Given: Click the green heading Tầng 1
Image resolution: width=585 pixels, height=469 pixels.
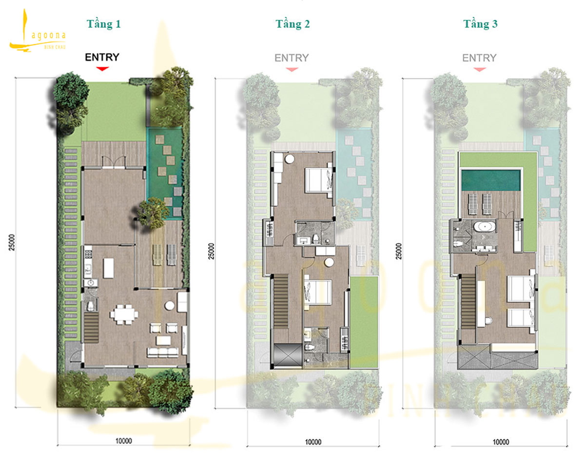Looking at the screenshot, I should pos(103,24).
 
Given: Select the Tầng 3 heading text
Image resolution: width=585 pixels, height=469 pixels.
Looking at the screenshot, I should pos(480,24).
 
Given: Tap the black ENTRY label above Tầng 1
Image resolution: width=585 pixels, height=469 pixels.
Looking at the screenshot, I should pos(102,57).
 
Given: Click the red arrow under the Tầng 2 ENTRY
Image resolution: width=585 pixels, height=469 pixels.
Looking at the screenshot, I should pos(292,69).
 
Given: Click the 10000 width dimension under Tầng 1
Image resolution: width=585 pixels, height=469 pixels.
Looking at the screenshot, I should pos(124,441).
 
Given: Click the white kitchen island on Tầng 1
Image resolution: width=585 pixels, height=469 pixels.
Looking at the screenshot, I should pos(108,267).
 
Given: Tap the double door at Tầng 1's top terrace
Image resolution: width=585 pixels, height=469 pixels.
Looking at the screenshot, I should pos(114,161).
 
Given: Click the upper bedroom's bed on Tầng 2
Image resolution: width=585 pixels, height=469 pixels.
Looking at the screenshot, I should pos(319,180).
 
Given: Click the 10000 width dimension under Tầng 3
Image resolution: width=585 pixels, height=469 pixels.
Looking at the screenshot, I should pos(500,442).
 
